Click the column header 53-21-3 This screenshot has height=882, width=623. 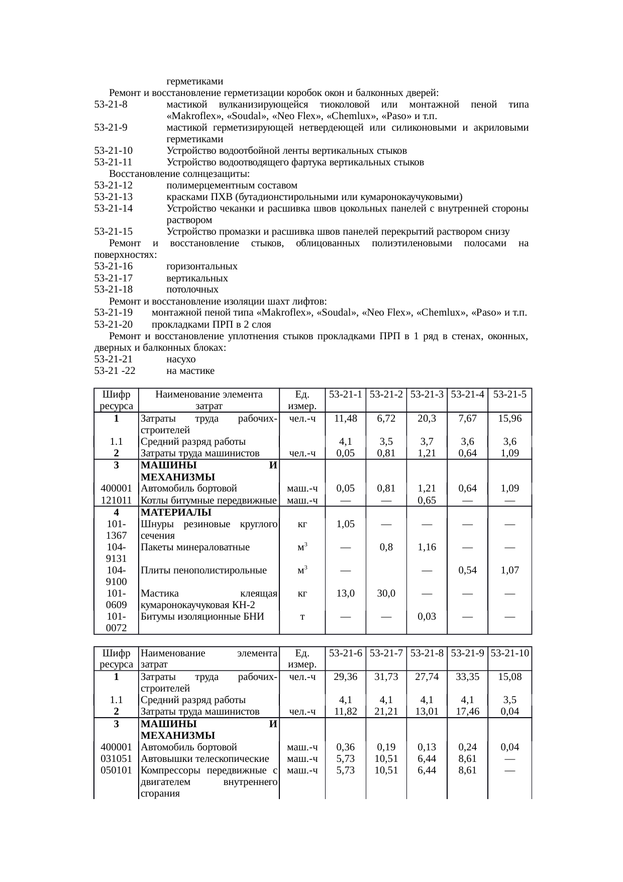tap(427, 395)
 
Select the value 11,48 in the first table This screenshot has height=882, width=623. tap(345, 419)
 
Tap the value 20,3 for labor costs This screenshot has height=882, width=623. tap(427, 419)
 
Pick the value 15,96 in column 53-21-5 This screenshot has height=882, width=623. tap(509, 419)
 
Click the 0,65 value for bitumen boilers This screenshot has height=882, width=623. tap(427, 501)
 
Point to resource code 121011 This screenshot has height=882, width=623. tap(116, 501)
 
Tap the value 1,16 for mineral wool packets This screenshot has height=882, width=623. tap(427, 547)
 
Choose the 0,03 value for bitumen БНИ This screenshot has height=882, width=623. tap(427, 617)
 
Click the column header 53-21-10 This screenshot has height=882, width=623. tap(509, 653)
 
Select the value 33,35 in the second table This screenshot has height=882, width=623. tap(467, 677)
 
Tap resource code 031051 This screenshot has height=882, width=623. tap(116, 758)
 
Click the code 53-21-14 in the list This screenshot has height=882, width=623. tap(114, 209)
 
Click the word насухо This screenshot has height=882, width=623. tap(181, 359)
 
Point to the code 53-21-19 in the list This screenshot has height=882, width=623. tap(114, 313)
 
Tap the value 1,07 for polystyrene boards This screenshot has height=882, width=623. tap(509, 570)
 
